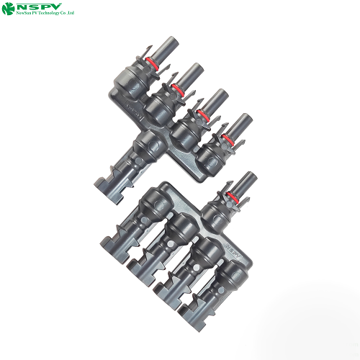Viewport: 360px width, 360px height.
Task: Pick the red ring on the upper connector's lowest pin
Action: click(229, 138)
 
